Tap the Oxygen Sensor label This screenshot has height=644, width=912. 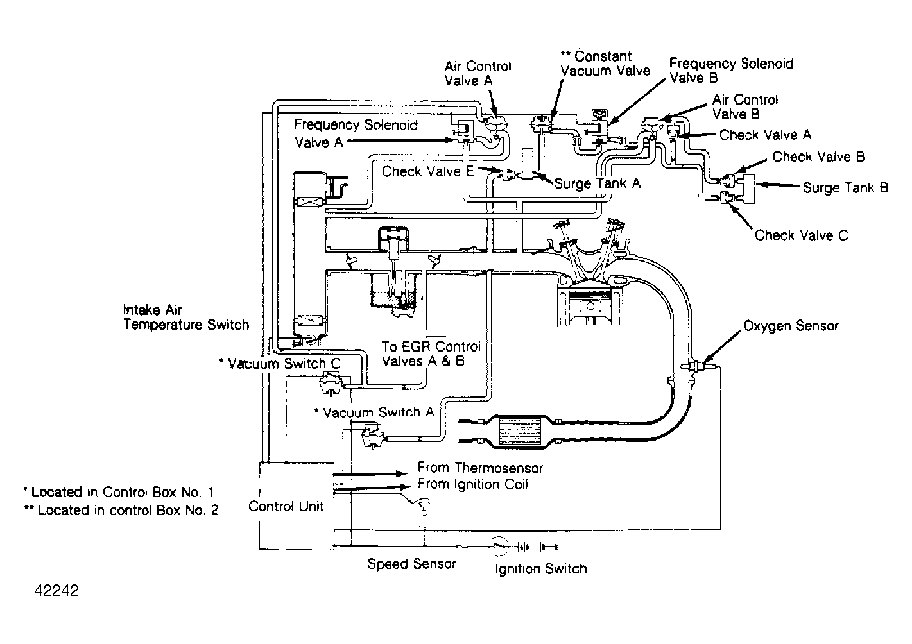791,326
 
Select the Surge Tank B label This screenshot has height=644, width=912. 845,188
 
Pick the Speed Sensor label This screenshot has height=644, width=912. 411,564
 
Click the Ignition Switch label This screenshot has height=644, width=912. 540,568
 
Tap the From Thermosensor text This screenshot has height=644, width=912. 480,468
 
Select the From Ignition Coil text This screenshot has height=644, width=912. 472,484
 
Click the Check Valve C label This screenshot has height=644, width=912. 801,235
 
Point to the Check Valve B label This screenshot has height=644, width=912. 818,157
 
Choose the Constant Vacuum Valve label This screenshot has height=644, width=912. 605,64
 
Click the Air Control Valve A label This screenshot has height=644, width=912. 478,73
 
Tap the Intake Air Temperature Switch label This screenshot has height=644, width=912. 185,318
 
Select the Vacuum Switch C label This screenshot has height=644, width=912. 280,364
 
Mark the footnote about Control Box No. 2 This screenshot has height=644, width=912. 121,511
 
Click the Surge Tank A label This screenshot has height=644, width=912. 597,183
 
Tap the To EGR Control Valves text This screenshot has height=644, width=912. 431,353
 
